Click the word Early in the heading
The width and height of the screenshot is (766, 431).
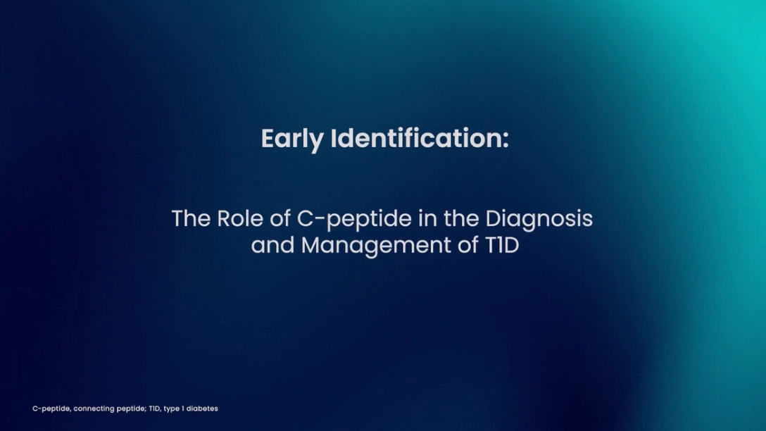click(292, 139)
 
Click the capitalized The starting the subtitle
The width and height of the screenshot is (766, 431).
click(191, 218)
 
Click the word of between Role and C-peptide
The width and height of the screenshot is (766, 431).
click(280, 218)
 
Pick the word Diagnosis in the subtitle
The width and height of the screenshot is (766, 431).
click(539, 220)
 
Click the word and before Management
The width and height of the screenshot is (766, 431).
click(272, 245)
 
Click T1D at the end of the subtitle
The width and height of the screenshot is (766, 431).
click(502, 245)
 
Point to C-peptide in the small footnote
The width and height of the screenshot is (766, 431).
click(51, 408)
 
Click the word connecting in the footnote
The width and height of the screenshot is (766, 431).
click(94, 409)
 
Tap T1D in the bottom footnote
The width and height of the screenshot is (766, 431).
click(155, 408)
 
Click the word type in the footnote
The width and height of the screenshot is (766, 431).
click(172, 409)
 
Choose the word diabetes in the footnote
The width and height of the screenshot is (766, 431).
click(202, 408)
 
